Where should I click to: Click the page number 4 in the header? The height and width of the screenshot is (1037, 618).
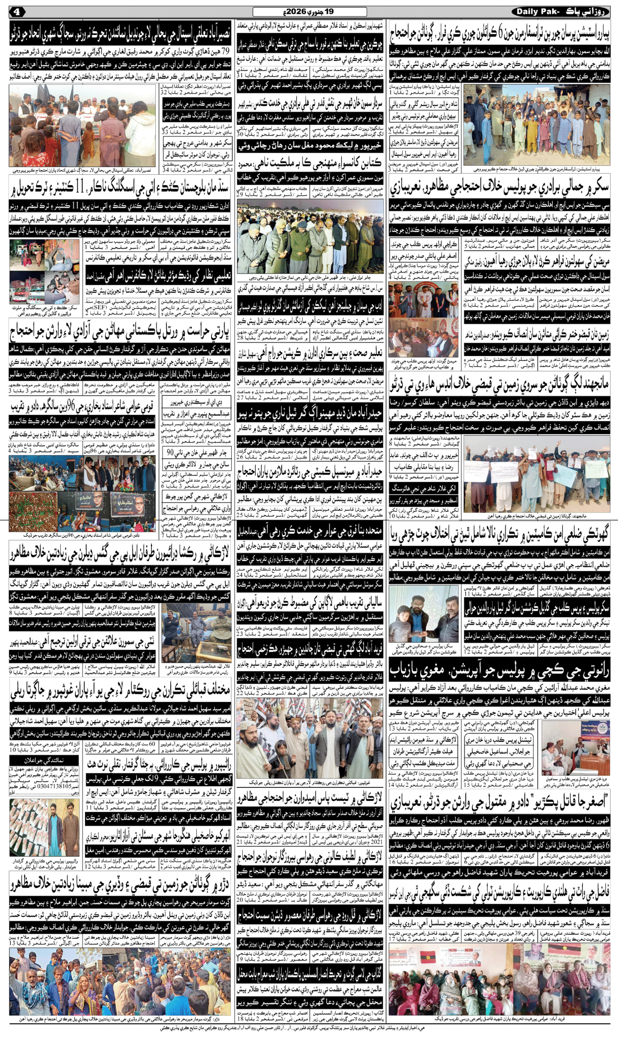click(17, 12)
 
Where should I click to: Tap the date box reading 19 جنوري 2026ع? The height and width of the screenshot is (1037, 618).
click(310, 12)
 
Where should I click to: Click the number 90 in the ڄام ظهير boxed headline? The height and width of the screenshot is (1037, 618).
click(171, 452)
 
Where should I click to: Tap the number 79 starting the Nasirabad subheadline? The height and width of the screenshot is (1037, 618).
click(225, 52)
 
